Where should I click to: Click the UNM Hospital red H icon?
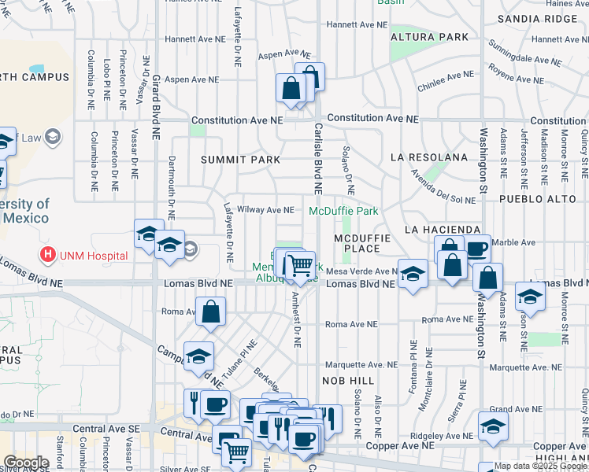49,255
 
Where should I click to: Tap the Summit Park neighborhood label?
240,160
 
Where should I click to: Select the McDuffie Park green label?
343,212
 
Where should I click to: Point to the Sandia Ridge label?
543,18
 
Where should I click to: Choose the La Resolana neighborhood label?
429,158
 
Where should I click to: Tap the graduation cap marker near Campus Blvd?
198,356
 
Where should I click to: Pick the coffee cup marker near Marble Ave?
476,249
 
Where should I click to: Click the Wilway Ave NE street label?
265,210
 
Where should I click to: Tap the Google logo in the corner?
26,462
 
